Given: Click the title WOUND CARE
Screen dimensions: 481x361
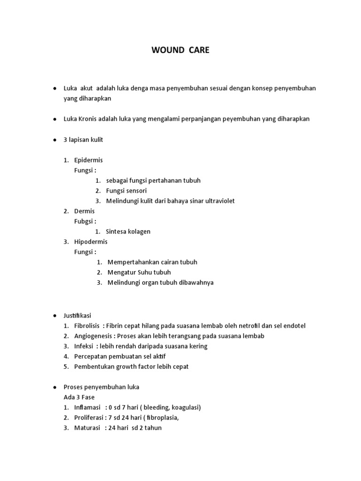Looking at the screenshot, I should point(180,50).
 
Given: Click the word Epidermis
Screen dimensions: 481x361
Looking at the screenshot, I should point(88,160).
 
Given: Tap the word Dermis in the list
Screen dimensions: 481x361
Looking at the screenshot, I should point(84,211).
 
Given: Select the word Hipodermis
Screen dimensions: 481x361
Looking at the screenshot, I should point(91,241).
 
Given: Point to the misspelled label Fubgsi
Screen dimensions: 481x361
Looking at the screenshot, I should point(85,221).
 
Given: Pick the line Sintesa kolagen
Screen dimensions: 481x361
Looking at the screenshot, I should point(128,232).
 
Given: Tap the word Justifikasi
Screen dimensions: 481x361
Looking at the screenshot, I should point(79,316).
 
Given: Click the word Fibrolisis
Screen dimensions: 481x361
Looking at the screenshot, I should point(88,326).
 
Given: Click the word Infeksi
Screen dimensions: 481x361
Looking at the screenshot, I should point(84,346).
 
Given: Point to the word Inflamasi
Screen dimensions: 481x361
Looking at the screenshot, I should point(87,407).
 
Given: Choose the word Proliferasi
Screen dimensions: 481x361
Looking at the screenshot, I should point(89,418).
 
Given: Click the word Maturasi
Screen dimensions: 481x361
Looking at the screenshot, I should point(87,428).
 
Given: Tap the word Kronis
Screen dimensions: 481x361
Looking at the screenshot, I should point(89,119).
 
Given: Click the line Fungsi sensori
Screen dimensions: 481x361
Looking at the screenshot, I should point(126,191).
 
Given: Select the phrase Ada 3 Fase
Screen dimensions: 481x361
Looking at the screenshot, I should point(79,397).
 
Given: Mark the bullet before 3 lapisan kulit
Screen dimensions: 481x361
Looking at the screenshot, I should point(55,140).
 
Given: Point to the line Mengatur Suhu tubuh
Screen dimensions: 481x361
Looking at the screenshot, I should point(139,272).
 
